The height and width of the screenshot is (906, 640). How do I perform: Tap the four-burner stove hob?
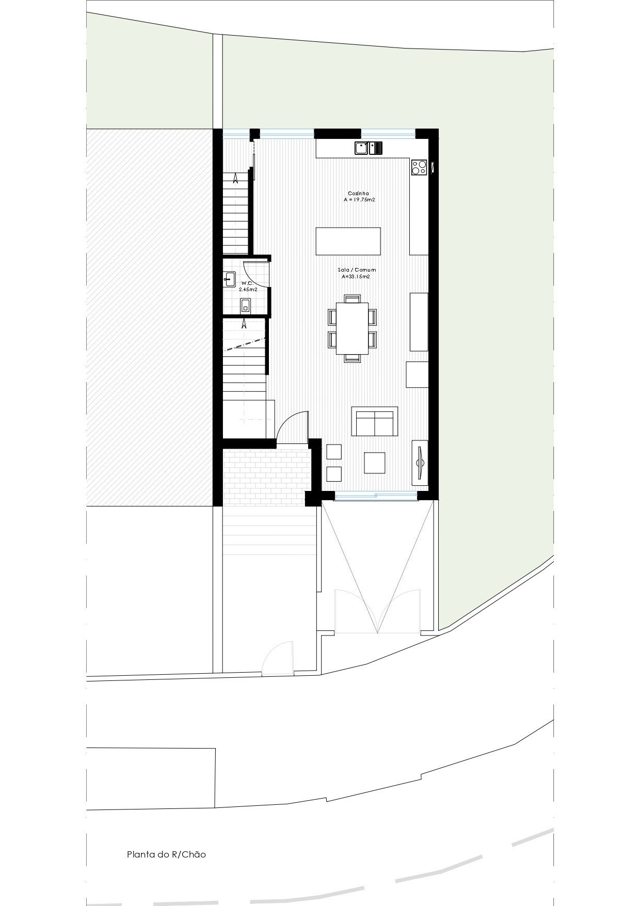[x=419, y=166]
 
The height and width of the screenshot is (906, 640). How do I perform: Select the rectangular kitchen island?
[x=348, y=241]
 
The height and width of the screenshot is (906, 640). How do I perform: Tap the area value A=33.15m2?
[x=356, y=277]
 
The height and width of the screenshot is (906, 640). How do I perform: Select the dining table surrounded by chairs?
[x=353, y=328]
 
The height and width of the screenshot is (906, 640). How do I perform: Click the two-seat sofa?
[x=375, y=421]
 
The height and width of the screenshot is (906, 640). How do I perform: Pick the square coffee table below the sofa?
[x=375, y=463]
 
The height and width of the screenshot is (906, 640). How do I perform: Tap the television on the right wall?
[x=420, y=462]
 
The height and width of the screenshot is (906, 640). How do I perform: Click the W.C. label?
[x=247, y=283]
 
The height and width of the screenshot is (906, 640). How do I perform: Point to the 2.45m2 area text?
[x=248, y=290]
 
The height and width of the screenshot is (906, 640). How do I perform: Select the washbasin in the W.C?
[x=230, y=279]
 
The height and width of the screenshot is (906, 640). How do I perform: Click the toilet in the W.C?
[x=246, y=306]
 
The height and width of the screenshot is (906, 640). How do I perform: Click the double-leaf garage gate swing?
[x=378, y=611]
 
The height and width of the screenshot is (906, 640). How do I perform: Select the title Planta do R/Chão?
[x=166, y=854]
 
